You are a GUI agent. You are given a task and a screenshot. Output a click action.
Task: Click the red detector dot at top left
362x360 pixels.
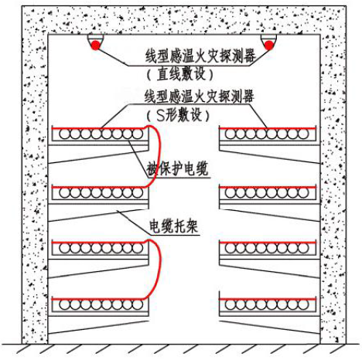pos(95,46)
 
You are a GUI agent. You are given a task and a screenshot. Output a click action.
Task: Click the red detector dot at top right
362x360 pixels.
pos(269,46)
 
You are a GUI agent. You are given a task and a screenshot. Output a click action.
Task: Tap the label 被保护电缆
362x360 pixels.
pos(177,168)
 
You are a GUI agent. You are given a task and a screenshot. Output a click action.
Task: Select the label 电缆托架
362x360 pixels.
pos(174,226)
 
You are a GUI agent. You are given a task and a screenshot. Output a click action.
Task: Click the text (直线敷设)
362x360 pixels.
pos(180,74)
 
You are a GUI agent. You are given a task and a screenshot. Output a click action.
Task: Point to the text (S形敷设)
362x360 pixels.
pos(178,115)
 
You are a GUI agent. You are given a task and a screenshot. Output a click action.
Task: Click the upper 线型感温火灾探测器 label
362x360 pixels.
pos(200,56)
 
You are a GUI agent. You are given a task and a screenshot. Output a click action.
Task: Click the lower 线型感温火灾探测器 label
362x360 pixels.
pos(200,96)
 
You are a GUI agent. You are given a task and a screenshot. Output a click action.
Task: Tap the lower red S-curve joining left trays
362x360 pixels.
pos(160,268)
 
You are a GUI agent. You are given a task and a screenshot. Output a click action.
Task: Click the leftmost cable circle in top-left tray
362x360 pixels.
pos(64,134)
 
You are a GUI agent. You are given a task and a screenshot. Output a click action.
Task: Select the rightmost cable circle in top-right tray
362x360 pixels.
pos(304,134)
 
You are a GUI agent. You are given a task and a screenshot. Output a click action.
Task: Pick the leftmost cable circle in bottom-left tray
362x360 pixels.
pos(64,305)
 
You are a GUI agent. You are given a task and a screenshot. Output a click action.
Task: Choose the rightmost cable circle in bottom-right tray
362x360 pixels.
pos(304,305)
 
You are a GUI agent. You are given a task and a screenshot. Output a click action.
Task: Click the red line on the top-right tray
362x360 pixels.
pos(268,128)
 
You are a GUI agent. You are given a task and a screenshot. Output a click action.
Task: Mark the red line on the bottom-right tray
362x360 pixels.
pos(268,299)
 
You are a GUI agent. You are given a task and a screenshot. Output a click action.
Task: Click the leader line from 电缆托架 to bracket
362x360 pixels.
pos(133,222)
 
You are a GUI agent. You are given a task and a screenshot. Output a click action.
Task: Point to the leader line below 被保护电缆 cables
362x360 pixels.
pos(138,159)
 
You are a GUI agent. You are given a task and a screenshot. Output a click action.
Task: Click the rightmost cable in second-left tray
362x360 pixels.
pos(138,193)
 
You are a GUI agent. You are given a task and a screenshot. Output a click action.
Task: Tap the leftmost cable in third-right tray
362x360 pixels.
pos(231,248)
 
